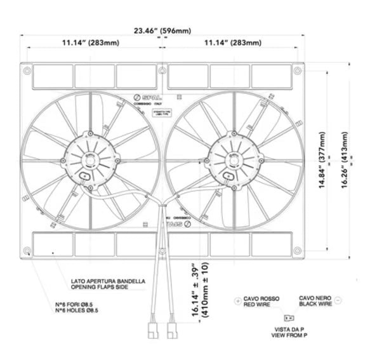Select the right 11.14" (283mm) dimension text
tap(233, 43)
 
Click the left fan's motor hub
tap(91, 159)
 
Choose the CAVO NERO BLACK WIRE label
tap(315, 301)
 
